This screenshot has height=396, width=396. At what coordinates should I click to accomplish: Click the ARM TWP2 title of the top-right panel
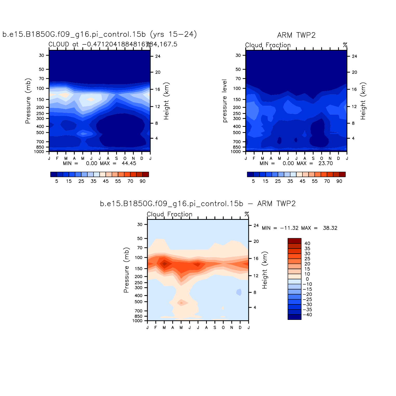(x=296, y=35)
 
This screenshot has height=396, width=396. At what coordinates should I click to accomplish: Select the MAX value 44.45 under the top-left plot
(x=129, y=163)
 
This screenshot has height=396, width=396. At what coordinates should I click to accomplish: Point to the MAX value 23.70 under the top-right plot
(x=326, y=163)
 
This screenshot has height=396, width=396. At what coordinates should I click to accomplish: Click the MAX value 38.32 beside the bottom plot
(x=330, y=228)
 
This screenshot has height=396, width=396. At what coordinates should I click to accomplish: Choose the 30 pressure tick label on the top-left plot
(x=42, y=55)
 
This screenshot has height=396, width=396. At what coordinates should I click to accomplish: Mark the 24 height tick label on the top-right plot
(x=354, y=56)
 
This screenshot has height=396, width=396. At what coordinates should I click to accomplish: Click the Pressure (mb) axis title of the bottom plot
(x=126, y=270)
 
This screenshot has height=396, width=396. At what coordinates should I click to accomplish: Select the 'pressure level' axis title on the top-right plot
(x=225, y=101)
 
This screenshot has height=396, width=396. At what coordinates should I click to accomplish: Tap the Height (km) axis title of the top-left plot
(x=166, y=101)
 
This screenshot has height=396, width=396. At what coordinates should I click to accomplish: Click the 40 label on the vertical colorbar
(x=307, y=243)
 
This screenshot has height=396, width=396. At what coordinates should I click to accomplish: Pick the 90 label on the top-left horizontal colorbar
(x=143, y=181)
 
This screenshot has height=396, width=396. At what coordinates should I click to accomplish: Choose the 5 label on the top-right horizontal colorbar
(x=253, y=181)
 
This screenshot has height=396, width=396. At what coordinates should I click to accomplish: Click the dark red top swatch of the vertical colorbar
(x=294, y=241)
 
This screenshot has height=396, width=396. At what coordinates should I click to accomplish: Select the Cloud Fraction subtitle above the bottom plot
(x=169, y=214)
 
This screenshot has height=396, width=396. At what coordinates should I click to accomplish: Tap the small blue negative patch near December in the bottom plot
(x=239, y=292)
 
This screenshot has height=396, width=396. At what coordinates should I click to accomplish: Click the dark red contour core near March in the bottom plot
(x=164, y=264)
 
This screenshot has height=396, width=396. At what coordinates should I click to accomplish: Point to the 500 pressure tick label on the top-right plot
(x=238, y=133)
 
